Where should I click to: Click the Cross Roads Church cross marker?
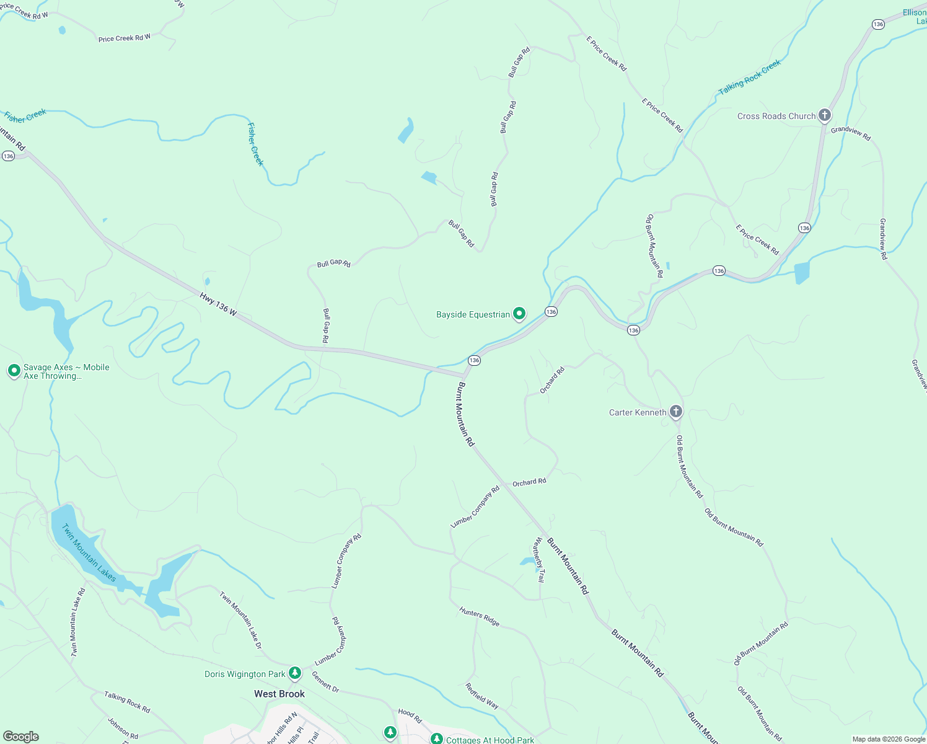[x=824, y=115]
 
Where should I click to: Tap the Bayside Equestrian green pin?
[x=519, y=314]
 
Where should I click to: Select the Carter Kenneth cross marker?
[x=676, y=412]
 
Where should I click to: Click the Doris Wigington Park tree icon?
[x=295, y=673]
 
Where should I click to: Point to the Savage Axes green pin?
[x=14, y=371]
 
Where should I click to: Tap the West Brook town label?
[x=279, y=694]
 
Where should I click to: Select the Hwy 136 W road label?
[x=218, y=304]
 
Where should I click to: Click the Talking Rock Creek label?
[x=750, y=77]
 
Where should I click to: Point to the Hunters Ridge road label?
[x=479, y=616]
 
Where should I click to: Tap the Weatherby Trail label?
[x=539, y=560]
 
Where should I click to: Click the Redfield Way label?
[x=482, y=696]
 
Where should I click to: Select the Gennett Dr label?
[x=325, y=682]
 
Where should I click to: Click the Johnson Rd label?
[x=123, y=728]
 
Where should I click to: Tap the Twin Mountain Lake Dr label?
[x=240, y=619]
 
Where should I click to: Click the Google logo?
[x=21, y=737]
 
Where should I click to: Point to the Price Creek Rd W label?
[x=124, y=38]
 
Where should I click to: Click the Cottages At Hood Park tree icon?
[x=437, y=739]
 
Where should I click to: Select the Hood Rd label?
[x=410, y=715]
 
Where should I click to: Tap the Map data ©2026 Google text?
[x=889, y=739]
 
